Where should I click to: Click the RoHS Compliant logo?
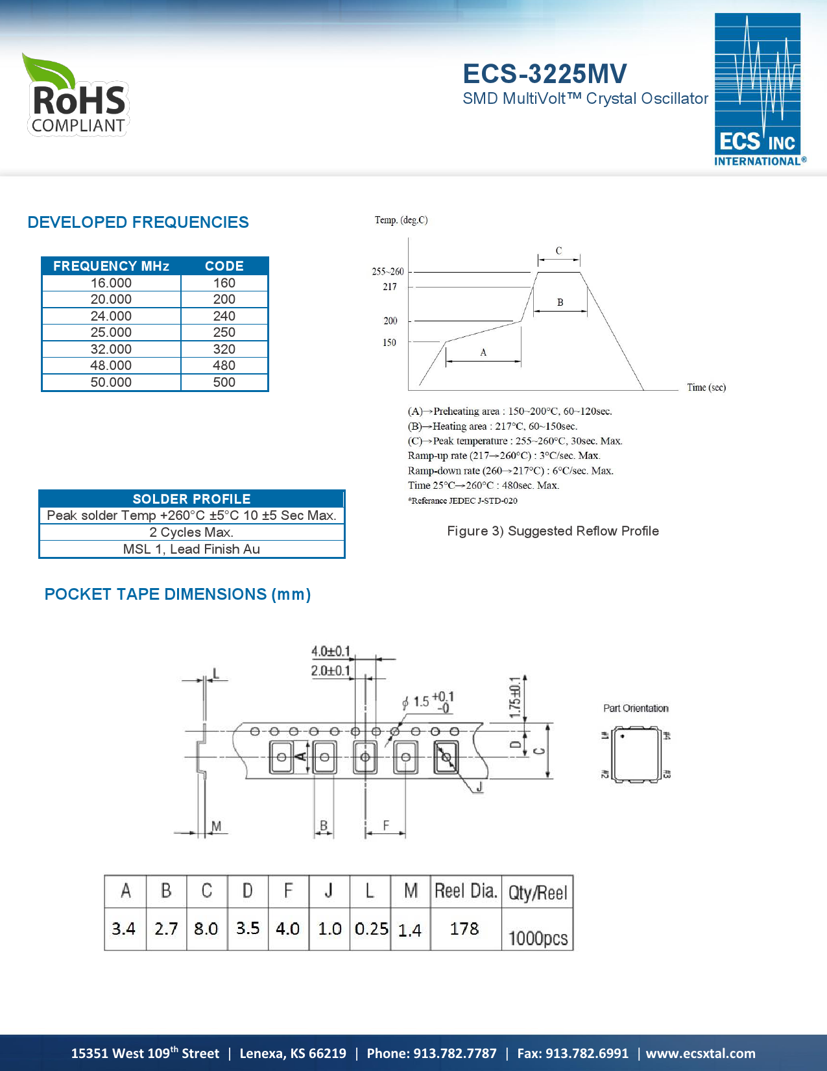click(x=77, y=96)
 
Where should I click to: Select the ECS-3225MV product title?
click(x=544, y=74)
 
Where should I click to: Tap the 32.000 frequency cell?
click(x=111, y=349)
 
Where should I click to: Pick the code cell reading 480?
click(x=224, y=365)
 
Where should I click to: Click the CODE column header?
click(x=224, y=266)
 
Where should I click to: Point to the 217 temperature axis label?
click(x=389, y=287)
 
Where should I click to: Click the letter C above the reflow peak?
click(x=558, y=251)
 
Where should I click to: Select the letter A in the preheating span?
click(x=483, y=352)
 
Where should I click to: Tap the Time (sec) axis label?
click(x=706, y=388)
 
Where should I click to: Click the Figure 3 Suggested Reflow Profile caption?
click(x=553, y=531)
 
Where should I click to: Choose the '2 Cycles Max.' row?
click(x=191, y=532)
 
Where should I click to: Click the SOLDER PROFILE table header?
click(x=191, y=499)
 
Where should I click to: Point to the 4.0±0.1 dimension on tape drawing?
click(x=330, y=651)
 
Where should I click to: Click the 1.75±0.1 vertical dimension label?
click(x=514, y=698)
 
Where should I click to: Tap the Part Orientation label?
click(x=636, y=708)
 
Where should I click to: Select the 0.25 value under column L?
click(x=371, y=929)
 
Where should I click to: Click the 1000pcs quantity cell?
click(x=538, y=938)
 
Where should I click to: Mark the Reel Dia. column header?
click(x=466, y=891)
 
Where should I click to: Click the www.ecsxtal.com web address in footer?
click(x=701, y=1053)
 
